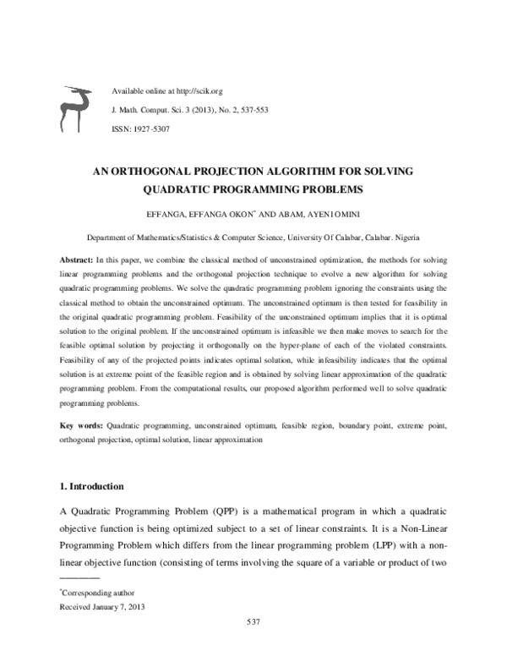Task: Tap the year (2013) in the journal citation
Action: pyautogui.click(x=200, y=109)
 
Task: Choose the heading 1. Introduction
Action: pyautogui.click(x=92, y=487)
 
